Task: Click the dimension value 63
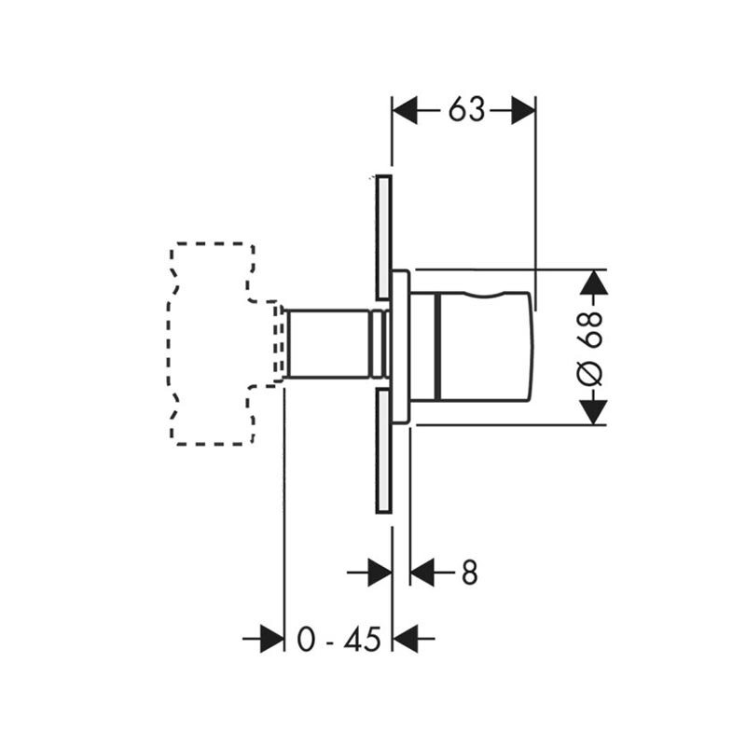[x=465, y=110]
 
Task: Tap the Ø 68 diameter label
[x=590, y=348]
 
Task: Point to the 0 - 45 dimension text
[x=338, y=639]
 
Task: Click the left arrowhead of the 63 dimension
[x=405, y=110]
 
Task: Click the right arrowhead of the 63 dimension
[x=523, y=110]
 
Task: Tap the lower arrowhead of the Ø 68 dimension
[x=594, y=412]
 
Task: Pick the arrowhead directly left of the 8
[x=422, y=572]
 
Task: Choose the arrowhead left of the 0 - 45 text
[x=271, y=639]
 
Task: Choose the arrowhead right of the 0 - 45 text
[x=405, y=639]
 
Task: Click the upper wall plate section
[x=383, y=238]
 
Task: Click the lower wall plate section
[x=383, y=450]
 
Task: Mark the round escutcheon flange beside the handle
[x=401, y=346]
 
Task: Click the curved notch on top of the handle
[x=486, y=295]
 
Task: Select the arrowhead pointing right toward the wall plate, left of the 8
[x=380, y=572]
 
